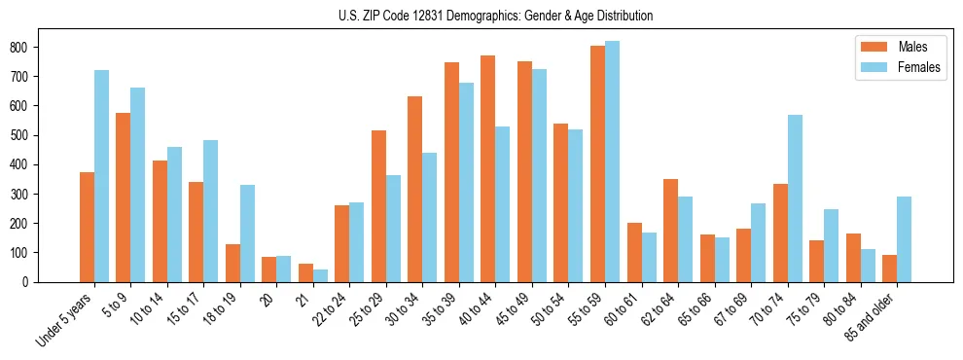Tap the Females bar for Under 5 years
pos(101,176)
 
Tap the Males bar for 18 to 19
pos(232,263)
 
